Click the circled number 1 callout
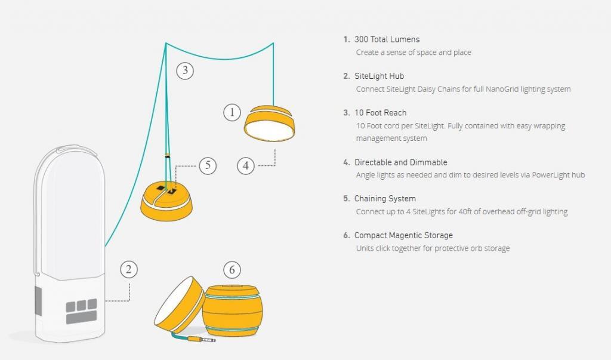(x=232, y=112)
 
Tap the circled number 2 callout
(x=129, y=269)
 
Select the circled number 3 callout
(x=185, y=70)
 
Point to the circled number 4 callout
(x=246, y=166)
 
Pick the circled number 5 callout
(x=208, y=165)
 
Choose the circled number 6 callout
(x=232, y=269)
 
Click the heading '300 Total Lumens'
(x=387, y=39)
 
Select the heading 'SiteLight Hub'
(x=379, y=76)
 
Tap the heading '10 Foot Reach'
(x=380, y=113)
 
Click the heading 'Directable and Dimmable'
(x=400, y=162)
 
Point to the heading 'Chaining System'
(x=385, y=199)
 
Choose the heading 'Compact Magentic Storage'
(x=403, y=235)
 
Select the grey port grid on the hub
(x=81, y=311)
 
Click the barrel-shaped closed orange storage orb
(x=233, y=310)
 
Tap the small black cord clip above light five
(x=167, y=155)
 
